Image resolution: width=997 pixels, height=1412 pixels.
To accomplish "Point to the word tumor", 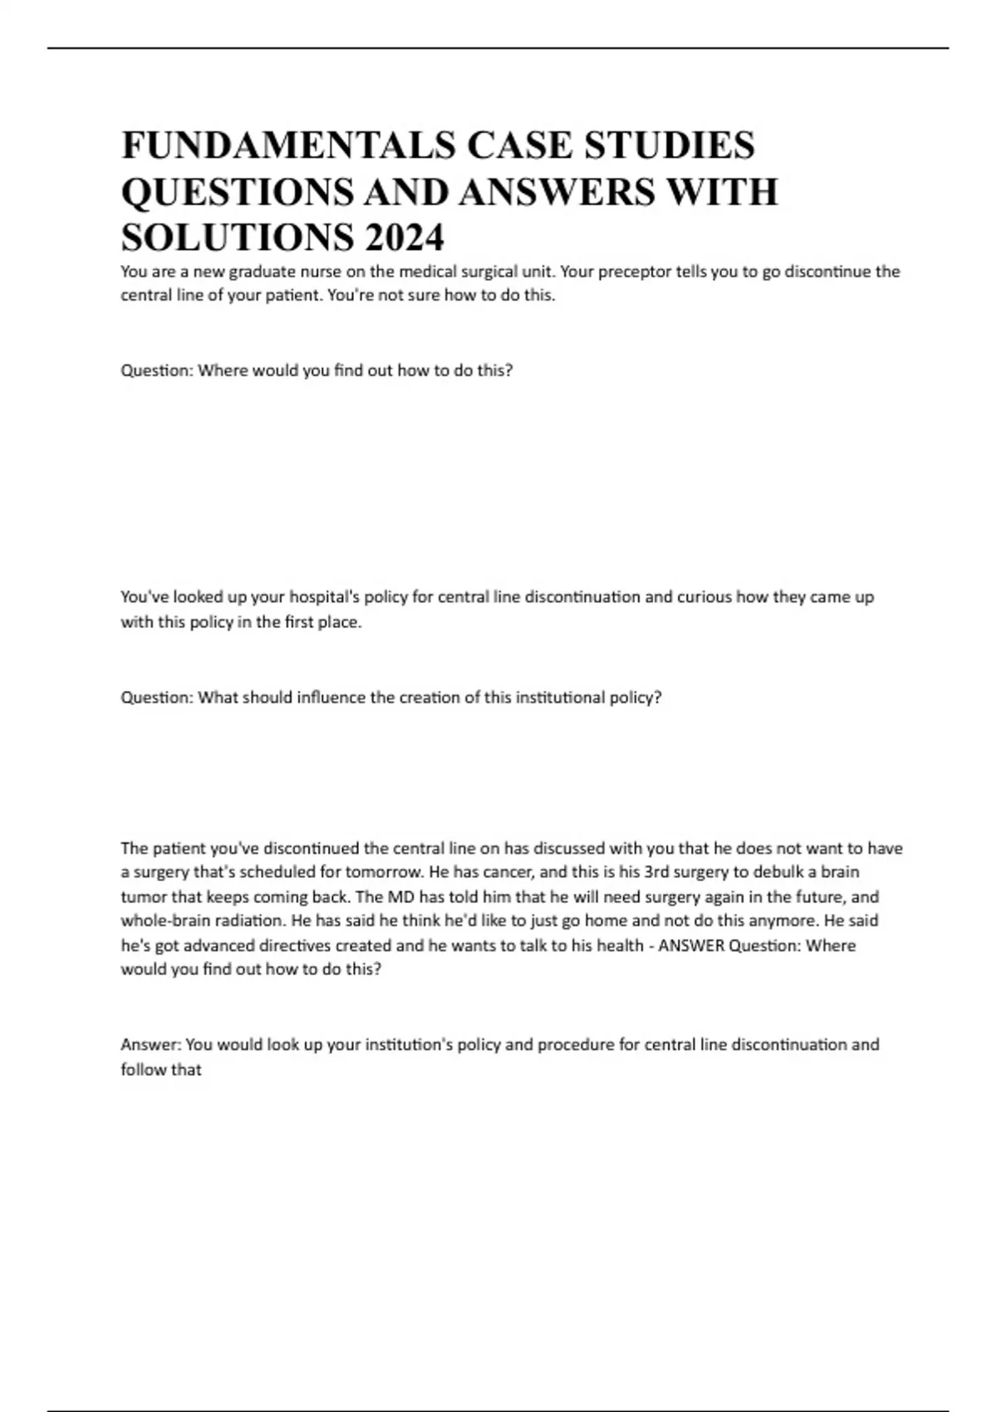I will pyautogui.click(x=144, y=897).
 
